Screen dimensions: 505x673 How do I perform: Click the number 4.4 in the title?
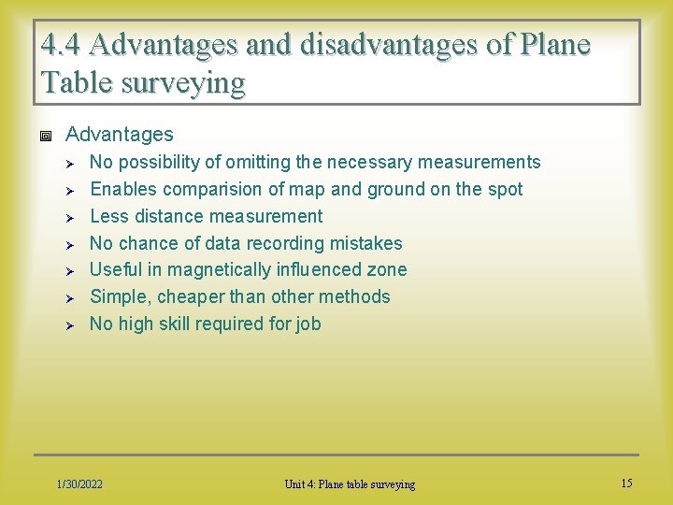pos(61,45)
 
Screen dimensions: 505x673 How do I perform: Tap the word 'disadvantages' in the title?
pos(349,45)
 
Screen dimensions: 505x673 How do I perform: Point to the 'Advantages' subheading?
pos(120,135)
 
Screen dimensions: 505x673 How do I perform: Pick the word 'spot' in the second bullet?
pos(505,190)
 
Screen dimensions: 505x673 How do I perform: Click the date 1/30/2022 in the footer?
pos(79,483)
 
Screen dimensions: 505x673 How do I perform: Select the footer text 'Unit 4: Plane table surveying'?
pos(351,483)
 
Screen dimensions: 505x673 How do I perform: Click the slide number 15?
pos(626,483)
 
